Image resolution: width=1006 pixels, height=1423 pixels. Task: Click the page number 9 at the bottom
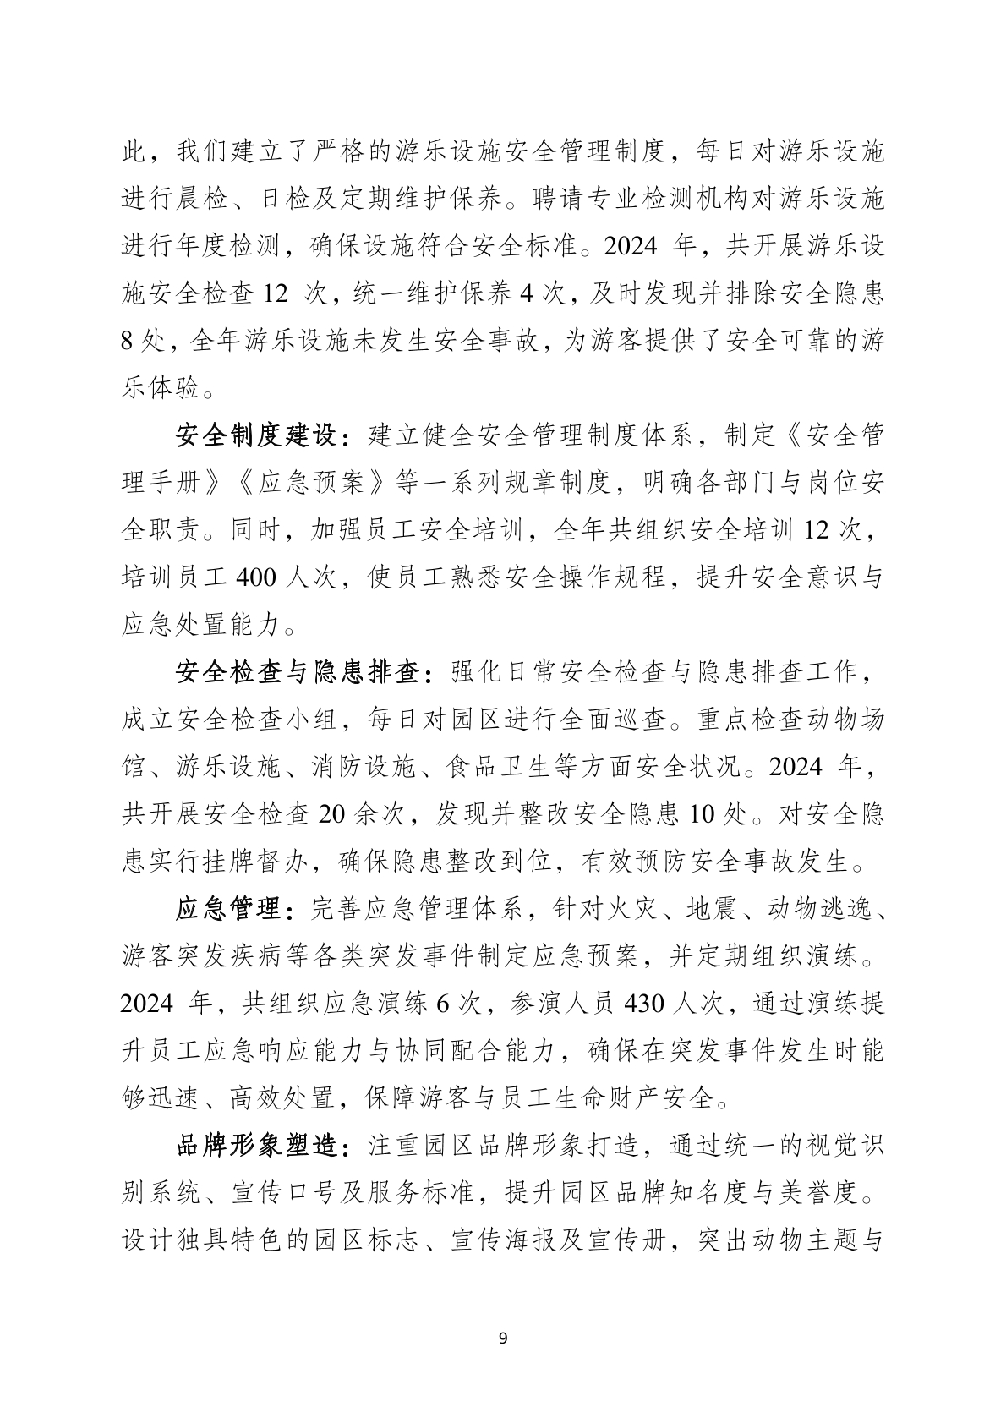[504, 1338]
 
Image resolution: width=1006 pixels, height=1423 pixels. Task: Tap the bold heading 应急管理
[229, 910]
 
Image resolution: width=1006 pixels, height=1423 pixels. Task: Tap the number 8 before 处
[128, 342]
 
